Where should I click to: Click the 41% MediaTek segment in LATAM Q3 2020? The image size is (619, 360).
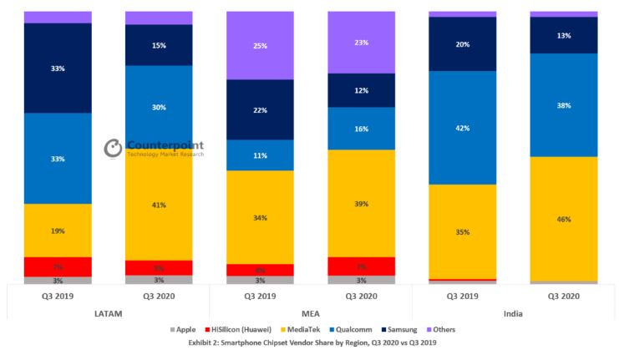158,204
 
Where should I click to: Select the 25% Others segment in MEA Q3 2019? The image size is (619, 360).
260,45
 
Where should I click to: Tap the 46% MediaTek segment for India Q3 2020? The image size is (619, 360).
563,219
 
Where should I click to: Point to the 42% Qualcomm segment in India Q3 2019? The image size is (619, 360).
462,128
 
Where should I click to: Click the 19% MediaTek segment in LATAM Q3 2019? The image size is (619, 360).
58,231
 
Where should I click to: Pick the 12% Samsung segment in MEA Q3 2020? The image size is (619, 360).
361,90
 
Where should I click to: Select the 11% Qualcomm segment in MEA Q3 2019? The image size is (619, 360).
260,155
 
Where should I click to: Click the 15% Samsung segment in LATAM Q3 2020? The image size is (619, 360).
158,45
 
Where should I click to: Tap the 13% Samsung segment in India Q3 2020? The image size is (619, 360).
563,35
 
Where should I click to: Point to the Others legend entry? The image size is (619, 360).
439,330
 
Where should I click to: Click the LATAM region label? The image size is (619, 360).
108,312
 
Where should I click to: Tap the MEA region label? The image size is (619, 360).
310,312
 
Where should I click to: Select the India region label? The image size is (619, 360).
512,312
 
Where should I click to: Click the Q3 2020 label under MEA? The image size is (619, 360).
361,296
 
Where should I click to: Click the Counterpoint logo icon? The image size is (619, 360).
113,149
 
